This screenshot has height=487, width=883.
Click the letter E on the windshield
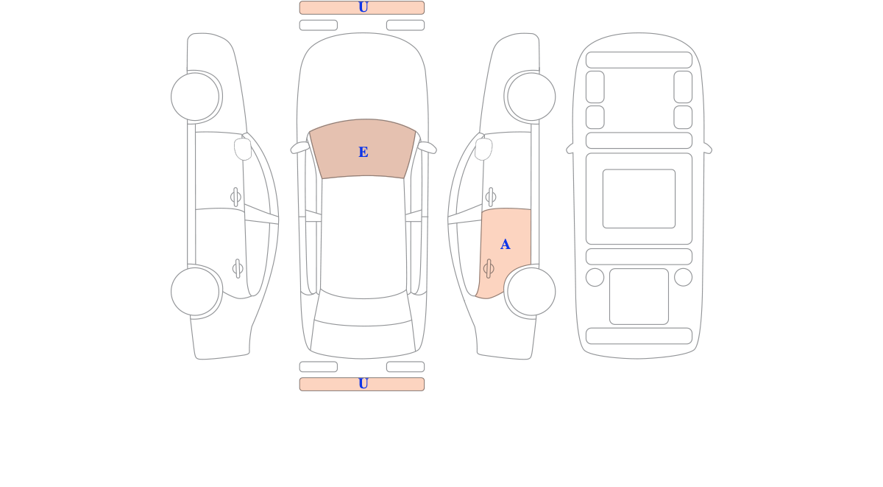click(x=363, y=152)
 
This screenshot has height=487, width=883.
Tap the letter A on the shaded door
click(x=505, y=245)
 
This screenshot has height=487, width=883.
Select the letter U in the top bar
click(x=363, y=7)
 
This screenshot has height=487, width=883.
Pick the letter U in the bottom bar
click(x=363, y=383)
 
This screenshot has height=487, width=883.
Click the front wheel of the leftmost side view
click(x=195, y=97)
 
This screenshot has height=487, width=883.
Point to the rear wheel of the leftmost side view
click(x=195, y=292)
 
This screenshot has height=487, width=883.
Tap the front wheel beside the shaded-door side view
click(x=531, y=97)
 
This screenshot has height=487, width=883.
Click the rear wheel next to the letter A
click(x=531, y=292)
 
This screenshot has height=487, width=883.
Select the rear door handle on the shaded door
click(x=489, y=269)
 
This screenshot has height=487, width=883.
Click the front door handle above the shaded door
click(x=491, y=197)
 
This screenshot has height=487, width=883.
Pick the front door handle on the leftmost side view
click(x=235, y=197)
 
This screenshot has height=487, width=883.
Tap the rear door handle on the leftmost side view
click(x=238, y=269)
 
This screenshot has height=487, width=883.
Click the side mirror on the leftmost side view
click(x=243, y=149)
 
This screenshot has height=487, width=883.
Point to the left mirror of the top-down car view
click(x=299, y=147)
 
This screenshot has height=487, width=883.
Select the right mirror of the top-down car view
click(x=428, y=147)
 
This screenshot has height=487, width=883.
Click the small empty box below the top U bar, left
click(x=319, y=25)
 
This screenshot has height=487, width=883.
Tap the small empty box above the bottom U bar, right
click(x=405, y=367)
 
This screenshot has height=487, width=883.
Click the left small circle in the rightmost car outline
click(x=595, y=277)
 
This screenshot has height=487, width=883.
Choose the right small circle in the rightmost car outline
click(x=683, y=277)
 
